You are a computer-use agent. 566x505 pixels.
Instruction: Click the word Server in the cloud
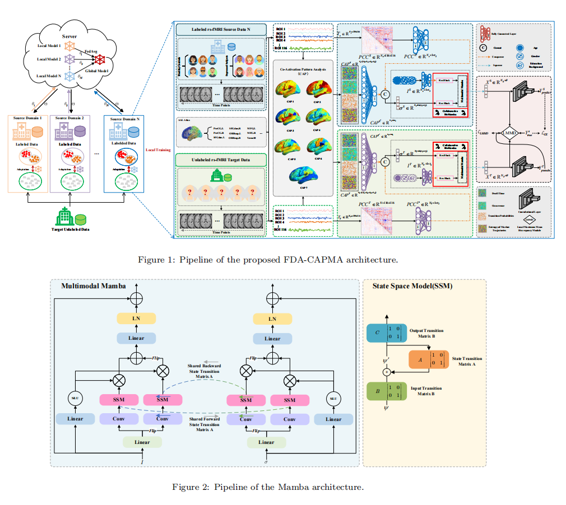tap(69, 36)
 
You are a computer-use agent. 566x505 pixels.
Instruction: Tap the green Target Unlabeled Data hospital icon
tap(66, 216)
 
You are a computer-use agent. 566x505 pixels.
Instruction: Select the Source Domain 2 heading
tap(70, 119)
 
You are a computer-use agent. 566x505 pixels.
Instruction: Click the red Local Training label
tap(159, 149)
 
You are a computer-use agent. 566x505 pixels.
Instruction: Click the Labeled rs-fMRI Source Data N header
tap(220, 30)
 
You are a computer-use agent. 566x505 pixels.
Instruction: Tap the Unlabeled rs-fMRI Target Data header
tap(221, 160)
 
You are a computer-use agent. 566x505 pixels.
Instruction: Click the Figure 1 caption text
tap(268, 260)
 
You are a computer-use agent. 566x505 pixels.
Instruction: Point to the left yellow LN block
tap(136, 319)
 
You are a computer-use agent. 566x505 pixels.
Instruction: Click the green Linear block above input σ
tap(267, 442)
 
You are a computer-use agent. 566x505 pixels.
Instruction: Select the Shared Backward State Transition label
tap(203, 371)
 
